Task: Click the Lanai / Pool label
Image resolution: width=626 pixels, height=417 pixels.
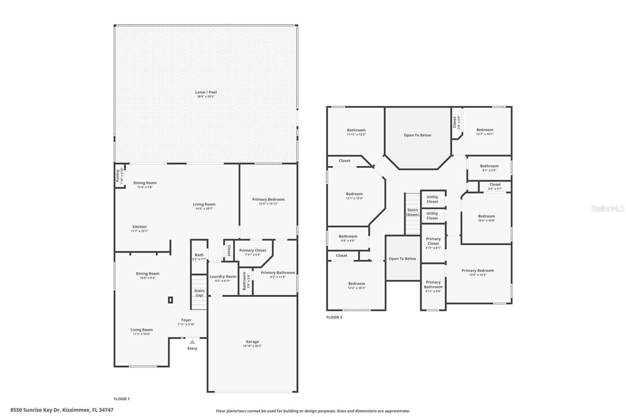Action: pyautogui.click(x=206, y=94)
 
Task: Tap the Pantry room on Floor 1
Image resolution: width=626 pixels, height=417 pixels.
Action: pyautogui.click(x=120, y=176)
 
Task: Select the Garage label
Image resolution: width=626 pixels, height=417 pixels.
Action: pyautogui.click(x=252, y=343)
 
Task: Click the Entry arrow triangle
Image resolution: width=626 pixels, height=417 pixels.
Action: pyautogui.click(x=192, y=342)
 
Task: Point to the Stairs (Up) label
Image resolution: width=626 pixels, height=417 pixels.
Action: pyautogui.click(x=199, y=293)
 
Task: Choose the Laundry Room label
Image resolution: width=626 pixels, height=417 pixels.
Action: pyautogui.click(x=223, y=278)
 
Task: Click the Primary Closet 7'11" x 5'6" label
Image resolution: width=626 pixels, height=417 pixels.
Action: pyautogui.click(x=252, y=252)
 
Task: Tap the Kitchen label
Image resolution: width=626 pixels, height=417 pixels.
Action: pyautogui.click(x=139, y=228)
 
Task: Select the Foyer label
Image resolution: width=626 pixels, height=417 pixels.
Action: pyautogui.click(x=186, y=322)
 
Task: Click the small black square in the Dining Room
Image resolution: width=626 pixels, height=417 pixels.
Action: pyautogui.click(x=170, y=300)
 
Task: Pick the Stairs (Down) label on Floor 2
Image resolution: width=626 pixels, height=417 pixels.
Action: pyautogui.click(x=412, y=212)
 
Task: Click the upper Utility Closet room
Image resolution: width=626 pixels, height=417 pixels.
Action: pyautogui.click(x=432, y=199)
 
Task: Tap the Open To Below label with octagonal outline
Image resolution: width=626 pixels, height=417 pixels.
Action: pyautogui.click(x=417, y=135)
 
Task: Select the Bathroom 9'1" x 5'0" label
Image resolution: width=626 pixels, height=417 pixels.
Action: pyautogui.click(x=489, y=168)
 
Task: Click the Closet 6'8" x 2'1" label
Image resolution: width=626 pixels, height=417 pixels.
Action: pyautogui.click(x=495, y=186)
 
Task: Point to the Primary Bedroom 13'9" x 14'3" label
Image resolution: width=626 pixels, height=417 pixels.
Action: pyautogui.click(x=477, y=272)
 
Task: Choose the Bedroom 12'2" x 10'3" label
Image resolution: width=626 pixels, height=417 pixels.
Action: pyautogui.click(x=356, y=286)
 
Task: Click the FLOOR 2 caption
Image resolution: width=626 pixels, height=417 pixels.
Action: pyautogui.click(x=334, y=317)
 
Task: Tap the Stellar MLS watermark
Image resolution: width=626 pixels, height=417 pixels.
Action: pyautogui.click(x=608, y=209)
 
